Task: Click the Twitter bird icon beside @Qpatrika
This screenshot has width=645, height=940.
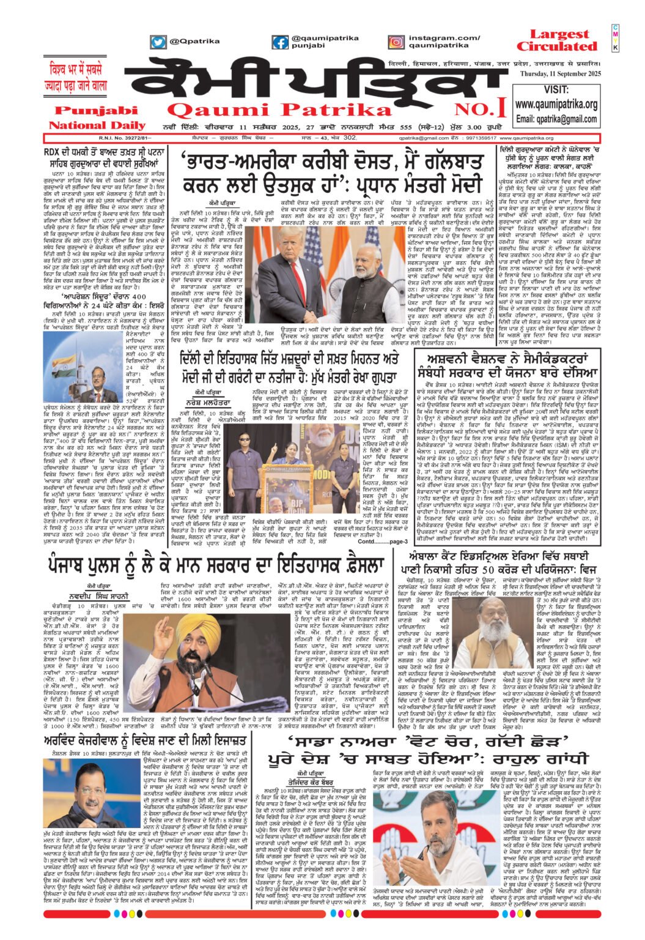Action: [158, 42]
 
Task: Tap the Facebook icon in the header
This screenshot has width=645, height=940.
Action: [281, 42]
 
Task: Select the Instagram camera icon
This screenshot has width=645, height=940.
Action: [396, 42]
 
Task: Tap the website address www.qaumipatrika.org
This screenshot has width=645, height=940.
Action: [556, 105]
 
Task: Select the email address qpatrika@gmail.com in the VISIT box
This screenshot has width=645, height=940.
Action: [556, 119]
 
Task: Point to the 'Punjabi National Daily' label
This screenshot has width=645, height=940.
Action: [89, 118]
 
